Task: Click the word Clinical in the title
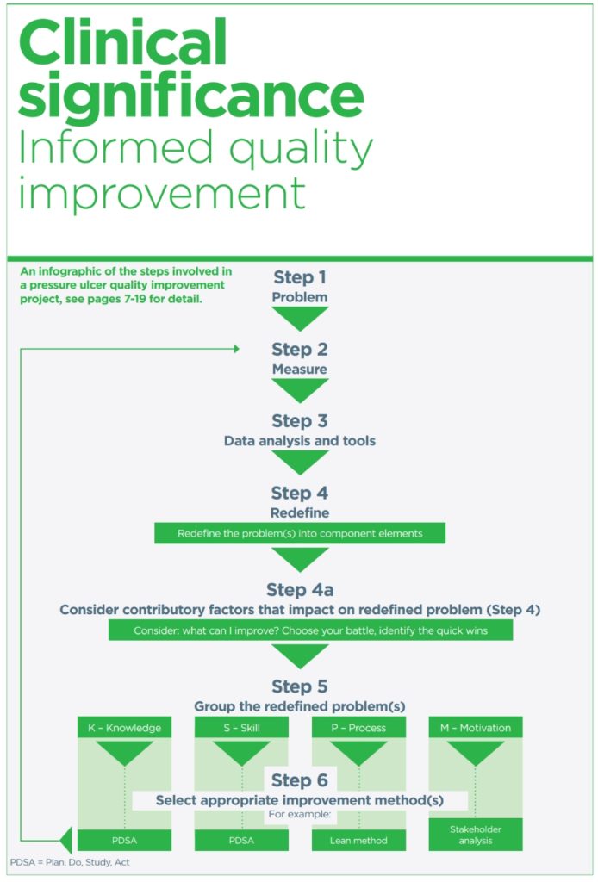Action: [x=123, y=42]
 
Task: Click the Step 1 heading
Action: [x=300, y=276]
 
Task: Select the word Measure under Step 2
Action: [x=300, y=369]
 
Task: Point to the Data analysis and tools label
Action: [x=300, y=441]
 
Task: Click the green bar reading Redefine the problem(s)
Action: [x=300, y=533]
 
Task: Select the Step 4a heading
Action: [x=300, y=589]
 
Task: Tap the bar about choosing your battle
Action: [x=310, y=630]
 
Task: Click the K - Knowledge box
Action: [x=124, y=727]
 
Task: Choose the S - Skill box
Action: [x=241, y=727]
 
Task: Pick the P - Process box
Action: [x=359, y=727]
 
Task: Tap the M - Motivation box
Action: [x=476, y=727]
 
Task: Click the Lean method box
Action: [x=359, y=841]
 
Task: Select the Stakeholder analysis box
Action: [x=476, y=835]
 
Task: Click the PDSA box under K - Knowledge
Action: [x=124, y=841]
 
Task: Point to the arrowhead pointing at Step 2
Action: [x=236, y=349]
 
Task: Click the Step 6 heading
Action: [x=300, y=780]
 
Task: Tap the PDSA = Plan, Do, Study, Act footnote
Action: [x=70, y=862]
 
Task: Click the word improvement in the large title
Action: [x=162, y=194]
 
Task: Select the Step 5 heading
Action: [x=300, y=686]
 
